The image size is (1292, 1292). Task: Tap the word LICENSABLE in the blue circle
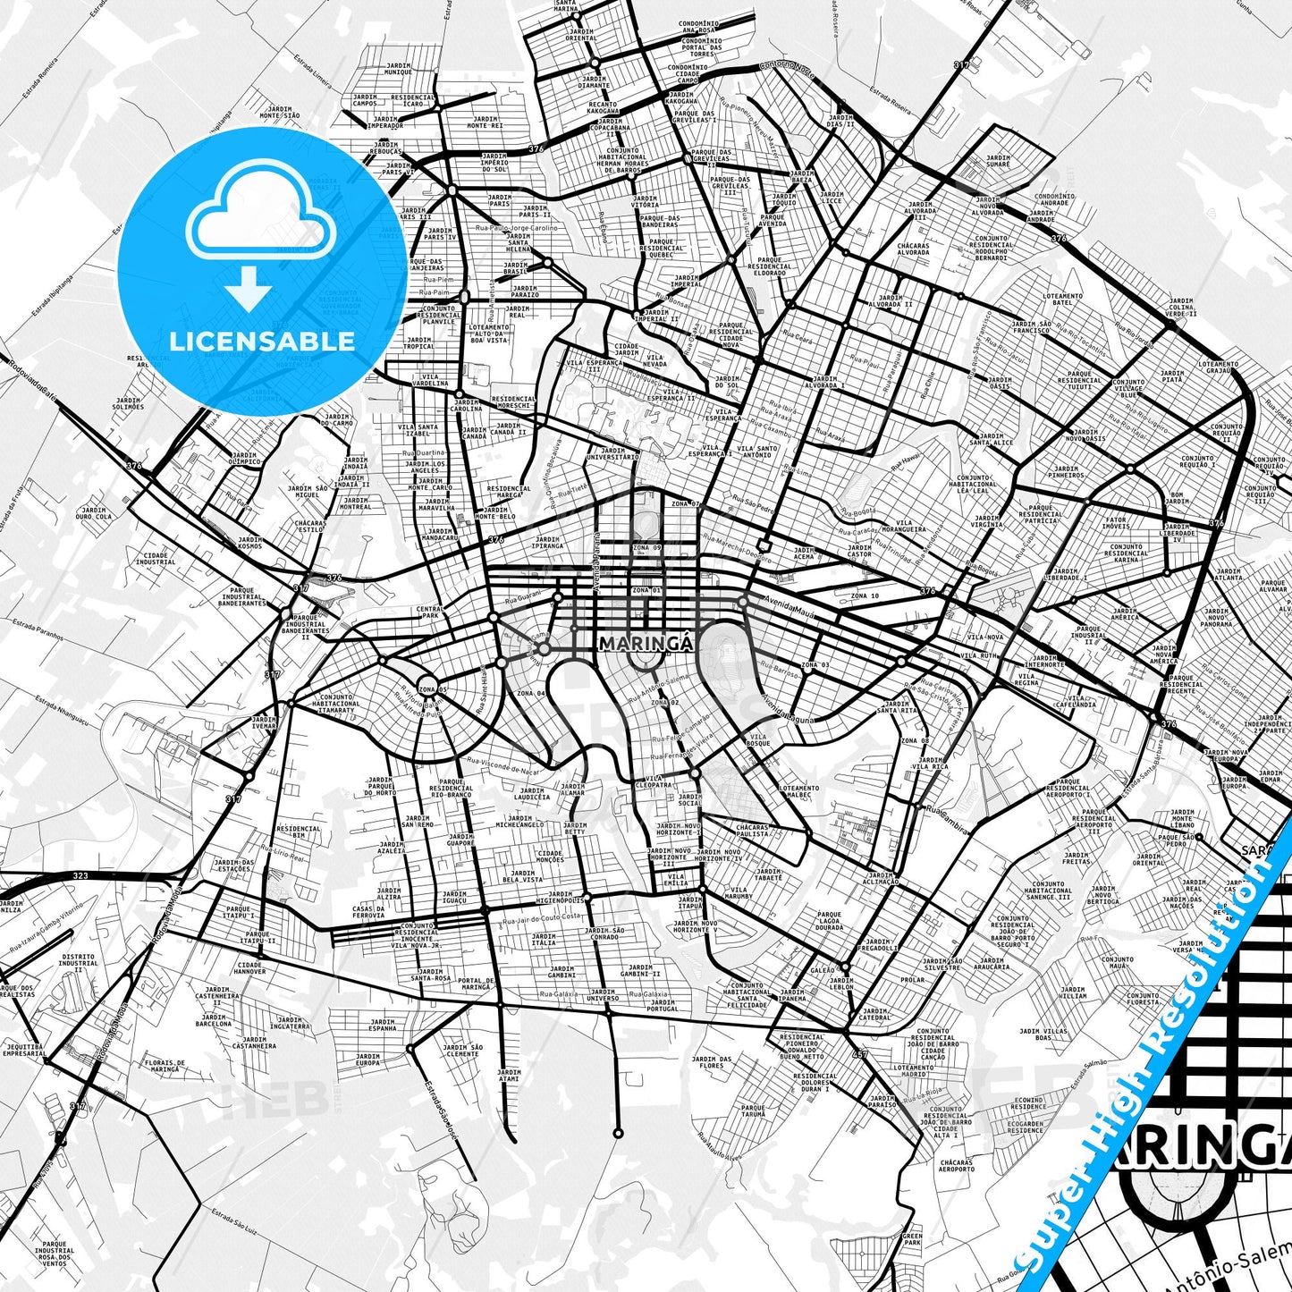(x=262, y=341)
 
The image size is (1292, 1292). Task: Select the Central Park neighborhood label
(x=429, y=612)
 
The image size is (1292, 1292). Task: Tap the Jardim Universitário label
(x=613, y=454)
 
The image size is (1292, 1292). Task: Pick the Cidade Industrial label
(x=156, y=558)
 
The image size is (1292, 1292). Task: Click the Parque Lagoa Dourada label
(x=829, y=921)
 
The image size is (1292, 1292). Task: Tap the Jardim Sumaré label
(x=998, y=161)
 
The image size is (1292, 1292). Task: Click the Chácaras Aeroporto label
(x=957, y=1165)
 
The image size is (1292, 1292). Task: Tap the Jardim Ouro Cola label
(x=93, y=513)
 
